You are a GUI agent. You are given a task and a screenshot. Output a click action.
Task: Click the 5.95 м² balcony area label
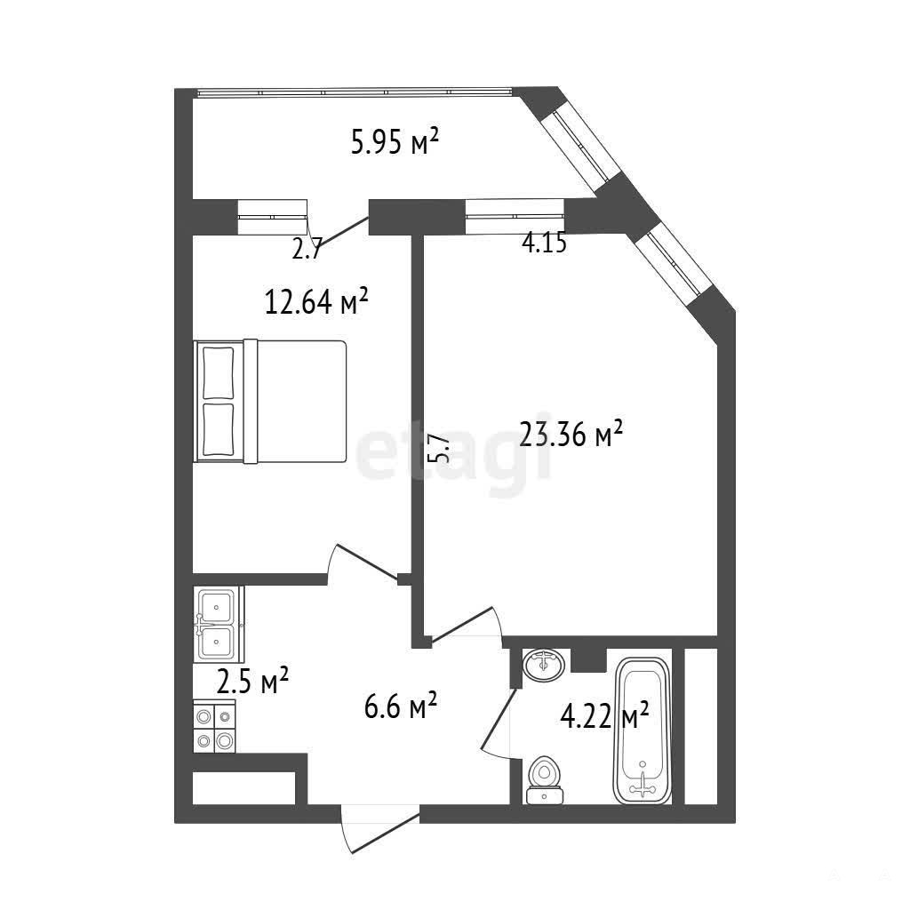pos(394,142)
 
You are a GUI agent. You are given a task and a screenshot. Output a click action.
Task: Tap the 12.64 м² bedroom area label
pos(316,302)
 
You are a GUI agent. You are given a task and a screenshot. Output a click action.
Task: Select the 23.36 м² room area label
pos(571,434)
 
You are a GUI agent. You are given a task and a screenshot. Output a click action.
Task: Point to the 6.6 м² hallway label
pos(401,706)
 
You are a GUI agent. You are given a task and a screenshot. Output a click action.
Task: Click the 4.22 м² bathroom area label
pos(604,716)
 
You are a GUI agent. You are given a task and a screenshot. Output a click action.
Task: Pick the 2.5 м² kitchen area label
pos(252,682)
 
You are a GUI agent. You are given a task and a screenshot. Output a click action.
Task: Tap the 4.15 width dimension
pos(544,243)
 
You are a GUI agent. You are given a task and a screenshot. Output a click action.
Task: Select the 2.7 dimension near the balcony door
pos(307,250)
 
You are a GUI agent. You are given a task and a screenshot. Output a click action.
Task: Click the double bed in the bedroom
pos(270,402)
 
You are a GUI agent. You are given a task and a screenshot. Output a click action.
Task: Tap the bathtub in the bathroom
pos(643,730)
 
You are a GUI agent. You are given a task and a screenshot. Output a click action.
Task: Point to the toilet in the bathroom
pos(545,780)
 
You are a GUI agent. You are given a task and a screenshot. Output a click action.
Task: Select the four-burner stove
pos(214,726)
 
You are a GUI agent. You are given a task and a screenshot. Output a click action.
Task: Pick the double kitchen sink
pos(219,624)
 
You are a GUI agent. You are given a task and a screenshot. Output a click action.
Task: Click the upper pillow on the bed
pos(219,372)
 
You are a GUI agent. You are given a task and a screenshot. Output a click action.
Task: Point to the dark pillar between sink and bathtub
pos(588,660)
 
